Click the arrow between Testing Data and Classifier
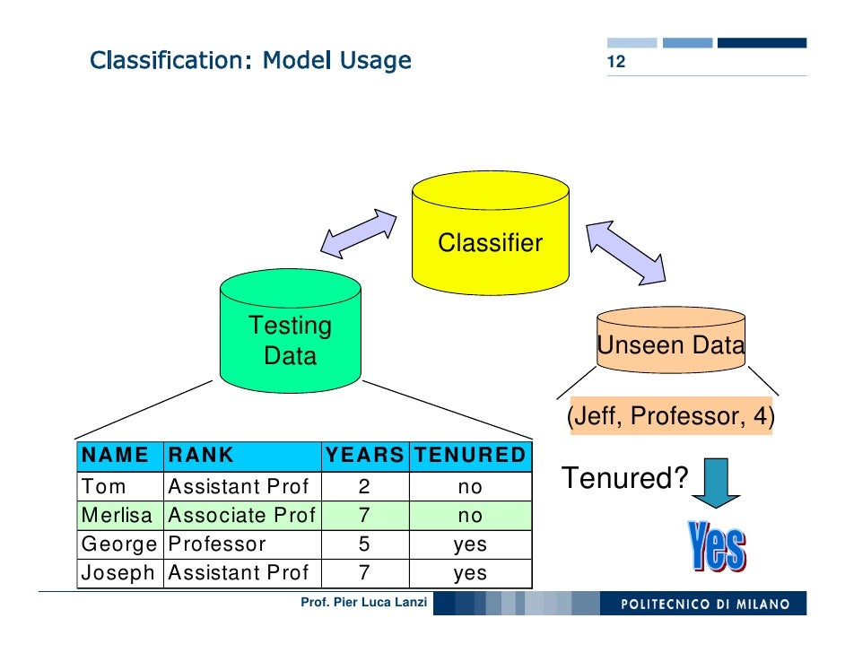coord(359,233)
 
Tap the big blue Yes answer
coord(717,545)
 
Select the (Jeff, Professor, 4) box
coord(670,417)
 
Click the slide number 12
coord(615,64)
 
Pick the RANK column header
coord(201,456)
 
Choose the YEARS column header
coord(364,456)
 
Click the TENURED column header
coord(469,456)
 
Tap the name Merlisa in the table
coord(117,516)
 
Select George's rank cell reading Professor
coord(217,544)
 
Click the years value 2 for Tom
coord(364,487)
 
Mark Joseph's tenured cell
coord(469,573)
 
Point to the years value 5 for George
coord(364,544)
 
